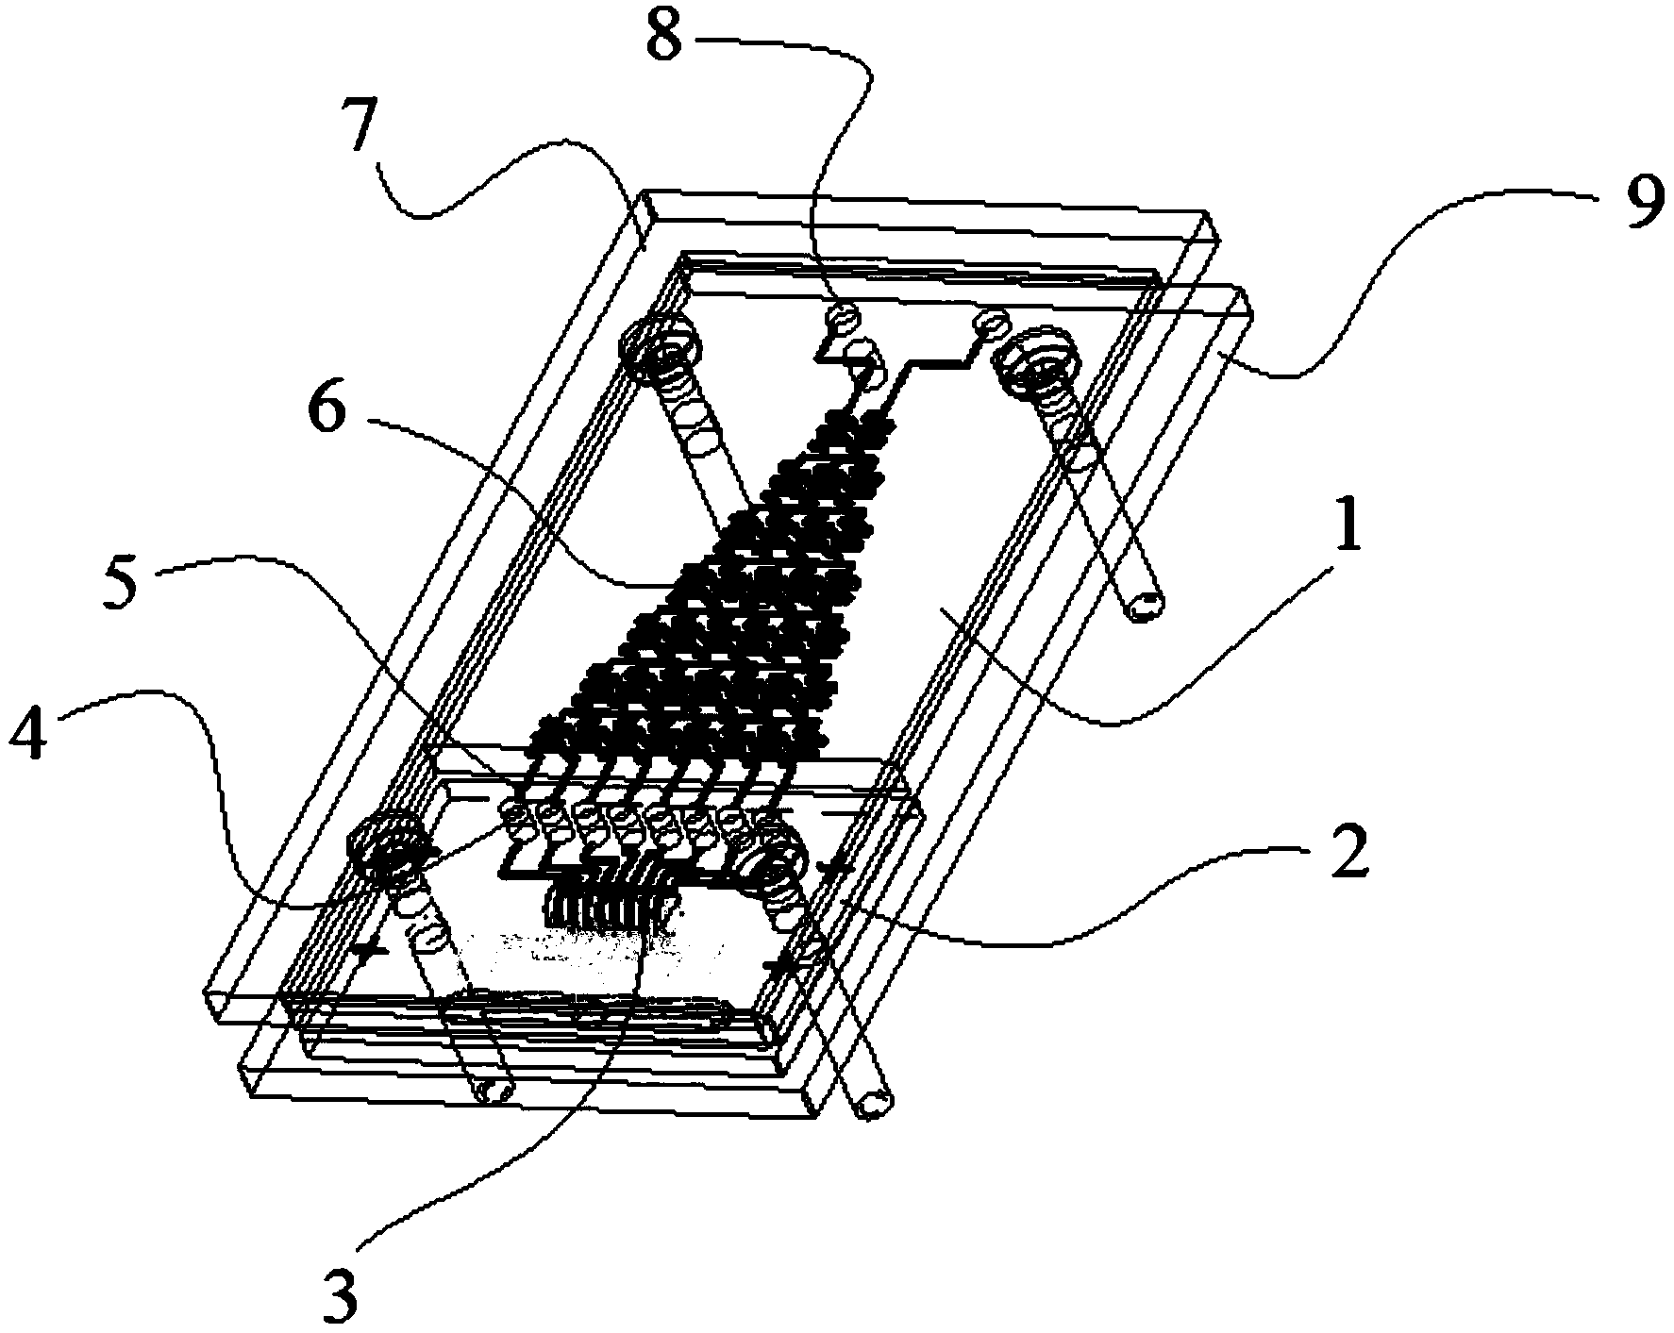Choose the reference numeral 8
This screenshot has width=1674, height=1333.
coord(667,35)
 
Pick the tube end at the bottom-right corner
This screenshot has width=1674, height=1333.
coord(873,1101)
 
